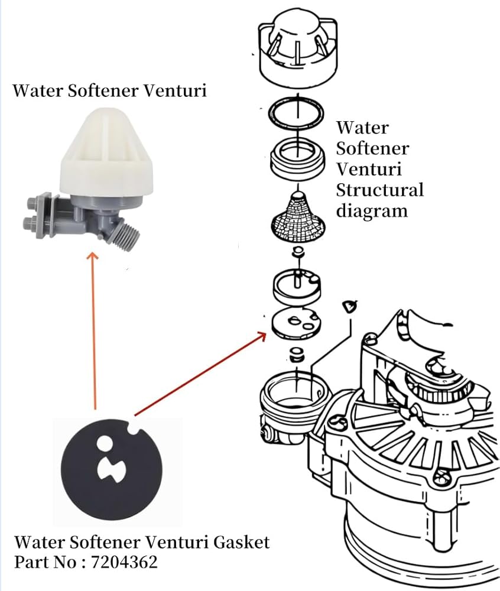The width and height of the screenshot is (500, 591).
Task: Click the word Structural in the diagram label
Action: pos(379,190)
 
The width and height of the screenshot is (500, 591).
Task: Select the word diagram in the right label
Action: pos(372,211)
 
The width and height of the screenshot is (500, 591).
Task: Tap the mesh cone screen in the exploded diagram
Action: pos(297,215)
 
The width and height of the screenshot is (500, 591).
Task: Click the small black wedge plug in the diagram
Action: pos(349,306)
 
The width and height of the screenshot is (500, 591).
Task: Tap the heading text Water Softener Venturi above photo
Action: pos(110,91)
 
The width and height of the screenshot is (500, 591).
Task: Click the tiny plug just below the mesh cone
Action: pos(298,253)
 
